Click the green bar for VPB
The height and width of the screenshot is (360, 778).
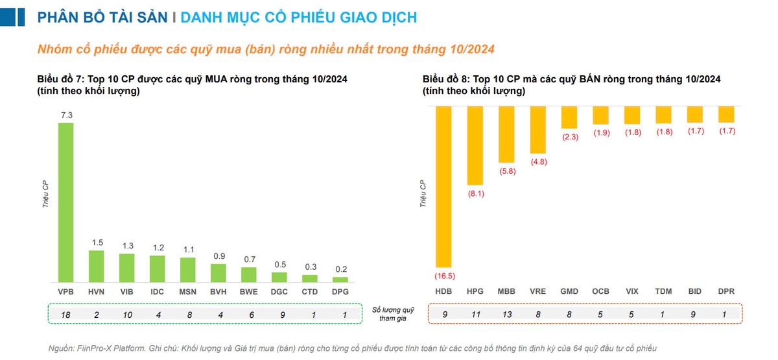[x=65, y=202]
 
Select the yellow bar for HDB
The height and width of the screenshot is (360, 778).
[x=443, y=187]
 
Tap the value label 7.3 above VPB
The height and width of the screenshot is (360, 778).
[x=65, y=115]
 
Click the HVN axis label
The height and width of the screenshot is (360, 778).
[x=96, y=292]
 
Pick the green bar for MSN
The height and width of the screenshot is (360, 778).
[x=188, y=270]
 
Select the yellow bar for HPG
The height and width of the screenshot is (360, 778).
[x=475, y=146]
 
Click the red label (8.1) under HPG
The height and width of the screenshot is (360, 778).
[x=475, y=193]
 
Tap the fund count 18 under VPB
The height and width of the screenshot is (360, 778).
[x=65, y=315]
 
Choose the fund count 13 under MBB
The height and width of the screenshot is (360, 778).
[x=506, y=315]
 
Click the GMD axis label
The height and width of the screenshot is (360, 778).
[x=569, y=292]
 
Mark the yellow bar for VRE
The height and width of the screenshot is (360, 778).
[x=537, y=129]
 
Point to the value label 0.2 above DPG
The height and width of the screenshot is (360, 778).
[x=340, y=269]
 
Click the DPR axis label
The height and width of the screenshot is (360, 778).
[x=726, y=292]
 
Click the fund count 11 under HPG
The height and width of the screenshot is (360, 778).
[x=475, y=315]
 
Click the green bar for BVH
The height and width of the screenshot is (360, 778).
[x=218, y=273]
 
